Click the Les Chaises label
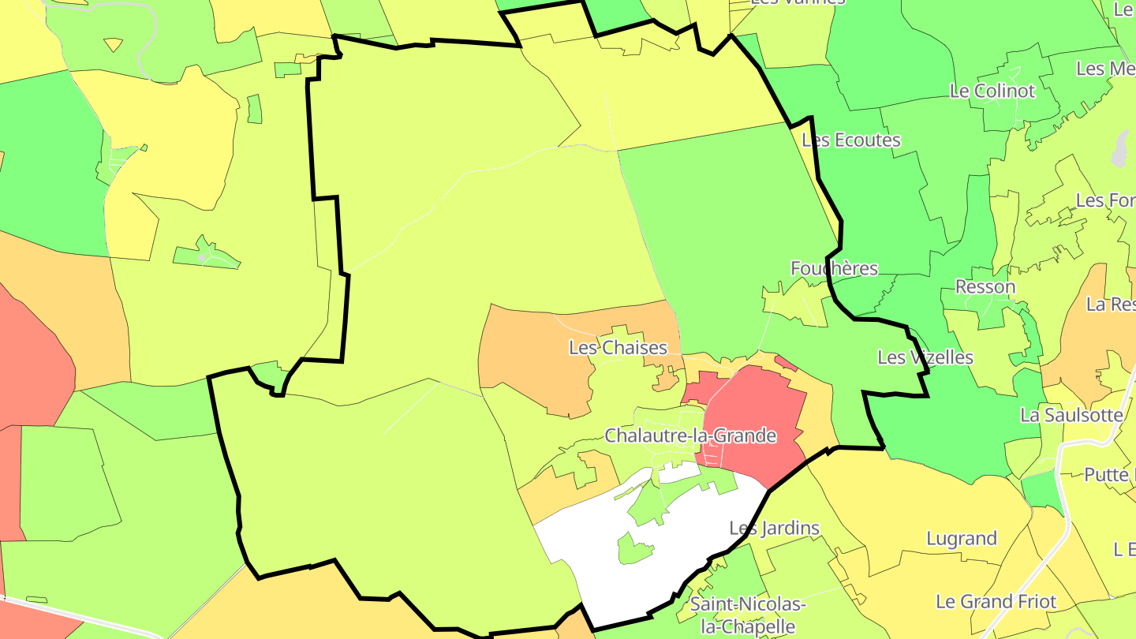pyautogui.click(x=618, y=348)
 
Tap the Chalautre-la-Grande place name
pyautogui.click(x=690, y=435)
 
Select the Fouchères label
pyautogui.click(x=834, y=268)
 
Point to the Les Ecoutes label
pyautogui.click(x=850, y=140)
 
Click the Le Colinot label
pyautogui.click(x=992, y=91)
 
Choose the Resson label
pyautogui.click(x=985, y=286)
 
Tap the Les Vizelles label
pyautogui.click(x=925, y=357)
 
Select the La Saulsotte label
pyautogui.click(x=1071, y=414)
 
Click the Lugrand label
pyautogui.click(x=962, y=539)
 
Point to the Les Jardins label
pyautogui.click(x=774, y=528)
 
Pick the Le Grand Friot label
pyautogui.click(x=996, y=601)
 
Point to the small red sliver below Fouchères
pyautogui.click(x=786, y=362)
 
